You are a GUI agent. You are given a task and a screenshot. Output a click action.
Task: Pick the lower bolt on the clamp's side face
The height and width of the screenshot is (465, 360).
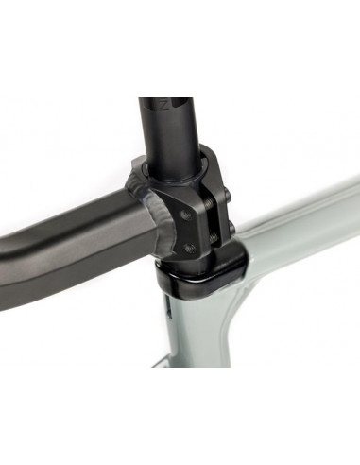pyautogui.click(x=190, y=248)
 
